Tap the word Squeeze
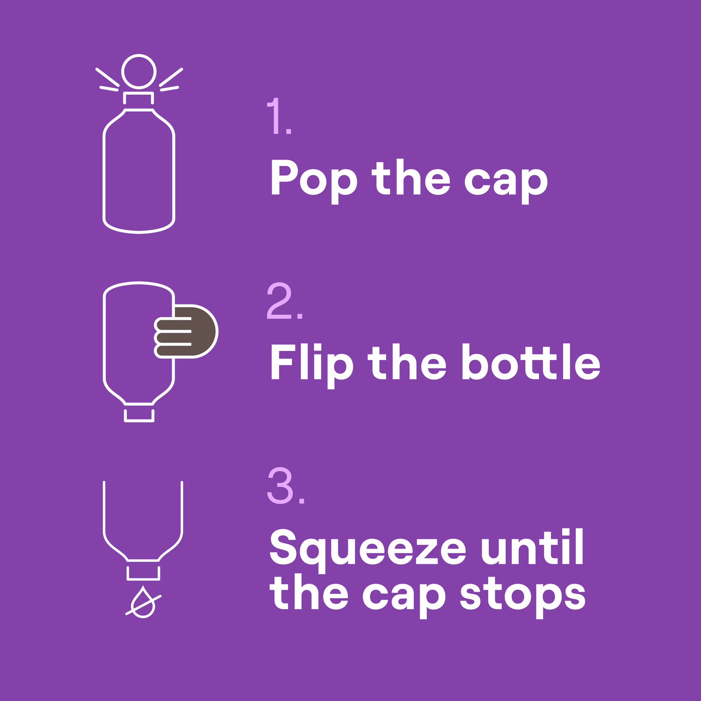(x=368, y=550)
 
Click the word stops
(x=523, y=596)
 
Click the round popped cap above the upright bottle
(x=139, y=71)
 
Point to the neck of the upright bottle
(x=138, y=98)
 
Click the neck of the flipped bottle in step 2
(x=139, y=415)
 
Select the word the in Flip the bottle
(x=407, y=362)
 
